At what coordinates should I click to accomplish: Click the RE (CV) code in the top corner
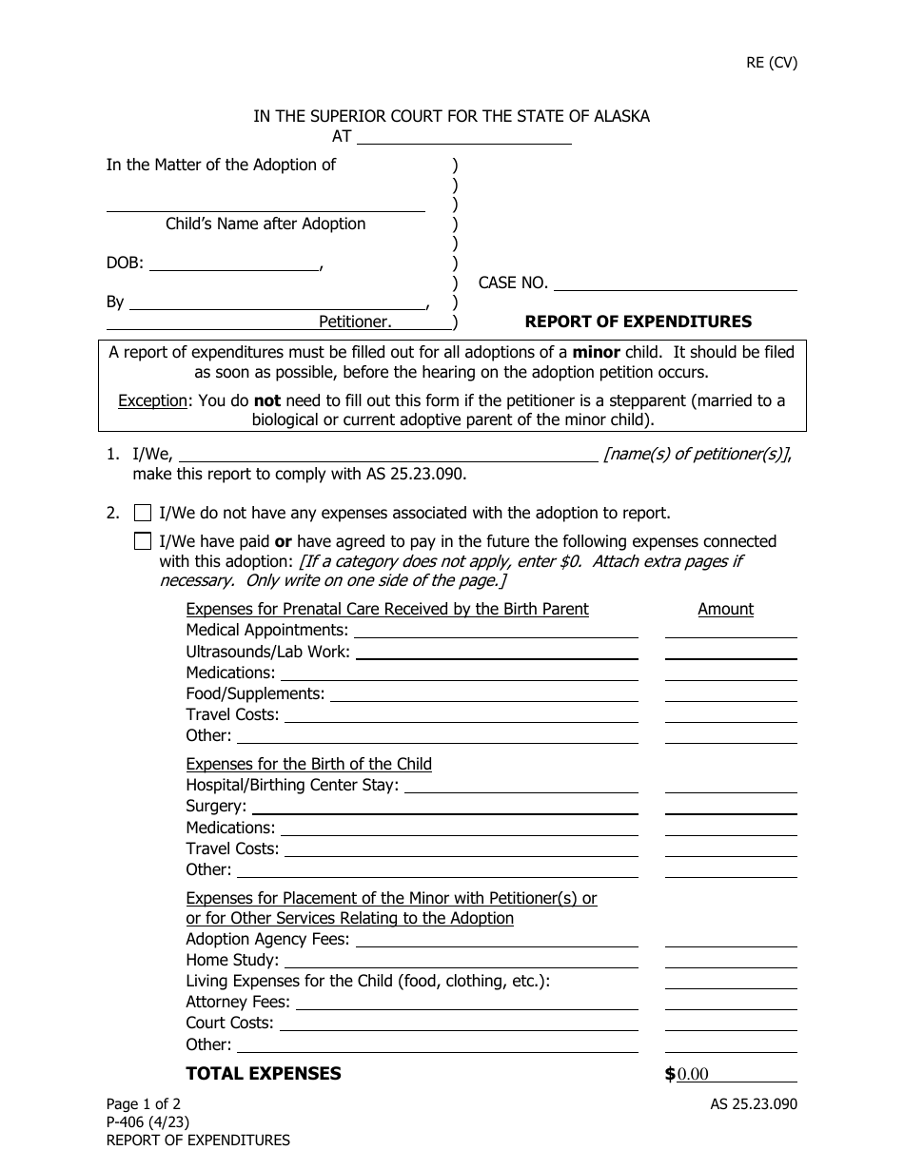click(771, 63)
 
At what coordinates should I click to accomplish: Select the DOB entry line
click(234, 263)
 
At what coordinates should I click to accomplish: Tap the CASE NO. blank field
click(675, 283)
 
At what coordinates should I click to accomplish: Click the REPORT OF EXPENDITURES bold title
click(638, 322)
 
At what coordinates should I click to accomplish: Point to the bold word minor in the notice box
click(596, 352)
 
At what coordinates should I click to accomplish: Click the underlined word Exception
click(152, 400)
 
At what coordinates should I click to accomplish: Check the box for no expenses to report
click(143, 513)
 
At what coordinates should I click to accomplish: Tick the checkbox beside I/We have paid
click(143, 541)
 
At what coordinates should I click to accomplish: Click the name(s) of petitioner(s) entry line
click(388, 454)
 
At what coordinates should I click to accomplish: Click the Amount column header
click(725, 609)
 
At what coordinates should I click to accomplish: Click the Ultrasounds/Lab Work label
click(268, 652)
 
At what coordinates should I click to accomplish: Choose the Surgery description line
click(442, 806)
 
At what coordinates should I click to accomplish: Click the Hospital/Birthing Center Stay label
click(292, 785)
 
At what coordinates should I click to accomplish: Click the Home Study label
click(232, 960)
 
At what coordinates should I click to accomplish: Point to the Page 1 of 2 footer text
click(143, 1104)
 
